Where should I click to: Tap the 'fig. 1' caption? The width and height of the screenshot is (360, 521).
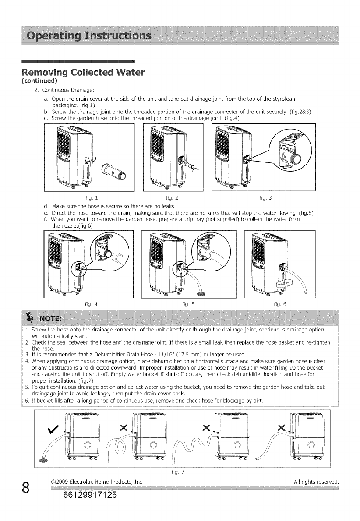(x=92, y=198)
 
